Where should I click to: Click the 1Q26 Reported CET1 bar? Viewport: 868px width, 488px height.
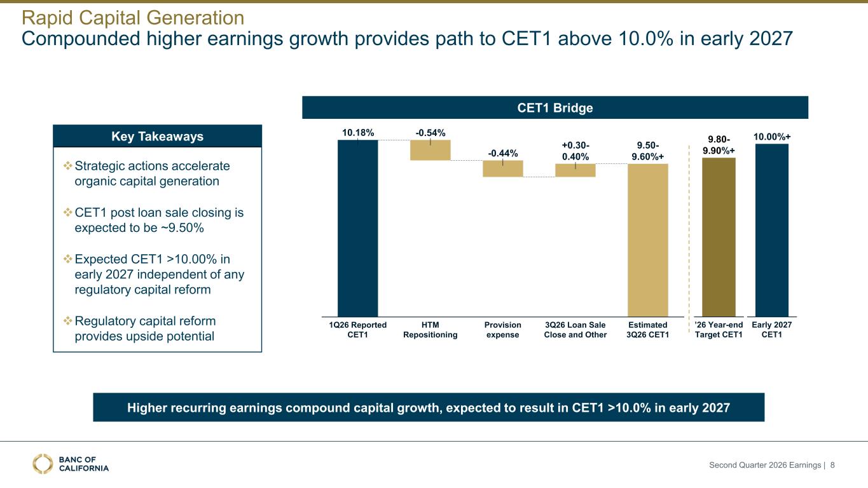point(357,228)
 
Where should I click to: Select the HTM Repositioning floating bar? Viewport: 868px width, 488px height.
point(430,150)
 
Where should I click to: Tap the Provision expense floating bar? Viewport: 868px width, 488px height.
point(502,168)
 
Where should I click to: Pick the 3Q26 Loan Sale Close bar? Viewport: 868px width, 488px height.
point(575,170)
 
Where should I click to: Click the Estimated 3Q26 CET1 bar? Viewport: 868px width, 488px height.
point(648,240)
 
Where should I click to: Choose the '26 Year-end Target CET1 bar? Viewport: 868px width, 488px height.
point(719,237)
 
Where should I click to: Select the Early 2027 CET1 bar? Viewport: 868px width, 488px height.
point(772,231)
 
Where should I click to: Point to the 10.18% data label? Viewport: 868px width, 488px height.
point(357,133)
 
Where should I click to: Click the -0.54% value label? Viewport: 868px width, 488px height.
point(430,133)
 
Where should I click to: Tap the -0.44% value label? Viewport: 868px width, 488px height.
point(502,153)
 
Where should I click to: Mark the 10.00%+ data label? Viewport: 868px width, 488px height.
point(772,137)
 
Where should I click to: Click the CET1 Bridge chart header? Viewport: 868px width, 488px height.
point(555,107)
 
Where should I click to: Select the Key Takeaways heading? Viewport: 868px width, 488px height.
point(157,137)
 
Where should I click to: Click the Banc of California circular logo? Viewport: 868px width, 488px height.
point(43,464)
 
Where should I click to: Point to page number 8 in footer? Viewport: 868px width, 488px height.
point(832,464)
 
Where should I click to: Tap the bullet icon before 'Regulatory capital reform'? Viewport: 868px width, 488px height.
point(68,321)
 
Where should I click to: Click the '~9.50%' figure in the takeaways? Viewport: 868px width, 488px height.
point(181,227)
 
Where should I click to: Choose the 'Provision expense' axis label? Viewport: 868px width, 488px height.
point(502,330)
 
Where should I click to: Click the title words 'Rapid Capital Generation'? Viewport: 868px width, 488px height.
point(133,18)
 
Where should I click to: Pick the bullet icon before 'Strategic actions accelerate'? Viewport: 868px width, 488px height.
point(68,166)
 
